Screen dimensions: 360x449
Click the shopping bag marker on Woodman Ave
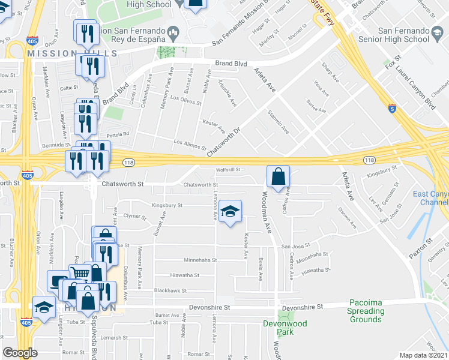click(278, 178)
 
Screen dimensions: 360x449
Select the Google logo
click(20, 353)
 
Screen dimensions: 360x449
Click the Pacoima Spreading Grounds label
click(366, 311)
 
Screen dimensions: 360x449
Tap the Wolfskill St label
click(228, 170)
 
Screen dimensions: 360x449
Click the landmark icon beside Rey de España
click(173, 31)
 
